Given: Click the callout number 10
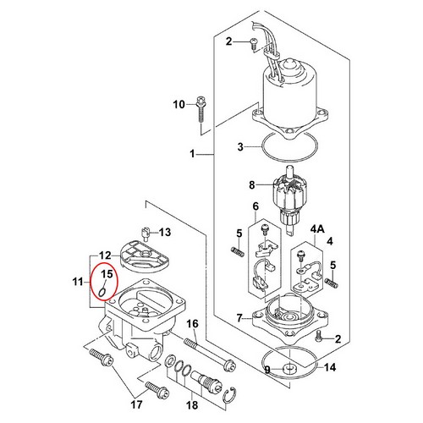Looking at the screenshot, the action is pos(179,105).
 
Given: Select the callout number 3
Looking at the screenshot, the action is pos(240,147).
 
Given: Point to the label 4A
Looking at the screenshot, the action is pos(317,229).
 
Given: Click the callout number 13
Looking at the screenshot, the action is pos(165,232).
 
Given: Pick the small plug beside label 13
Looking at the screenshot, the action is pos(145,233).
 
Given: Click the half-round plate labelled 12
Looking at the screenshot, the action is pos(144,256).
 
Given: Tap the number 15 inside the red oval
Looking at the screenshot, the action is pos(107,274).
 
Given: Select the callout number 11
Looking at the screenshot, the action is pos(78,282).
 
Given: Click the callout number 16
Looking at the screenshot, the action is pos(192,324).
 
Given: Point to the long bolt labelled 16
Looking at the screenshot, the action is pos(210,354).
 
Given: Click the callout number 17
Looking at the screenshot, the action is pos(136,405).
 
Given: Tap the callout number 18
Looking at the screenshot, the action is pos(192,405).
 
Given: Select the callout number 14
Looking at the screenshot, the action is pos(330,367).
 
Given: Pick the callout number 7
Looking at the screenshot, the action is pos(239,318).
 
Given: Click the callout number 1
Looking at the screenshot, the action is pos(192,154).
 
